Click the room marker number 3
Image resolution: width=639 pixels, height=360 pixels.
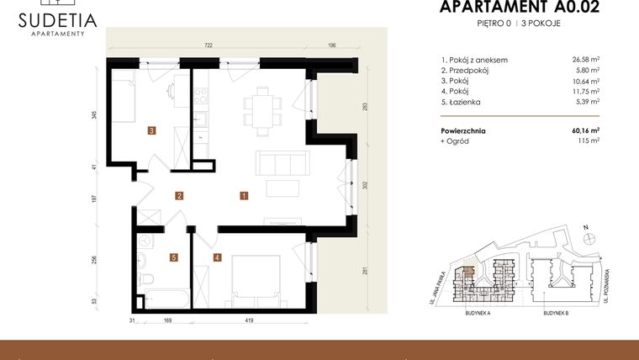(151, 130)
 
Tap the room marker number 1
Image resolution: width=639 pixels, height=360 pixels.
(243, 196)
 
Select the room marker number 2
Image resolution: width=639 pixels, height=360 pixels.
(179, 196)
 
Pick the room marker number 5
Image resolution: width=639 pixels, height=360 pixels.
(174, 257)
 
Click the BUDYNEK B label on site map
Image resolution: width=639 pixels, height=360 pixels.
(556, 312)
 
